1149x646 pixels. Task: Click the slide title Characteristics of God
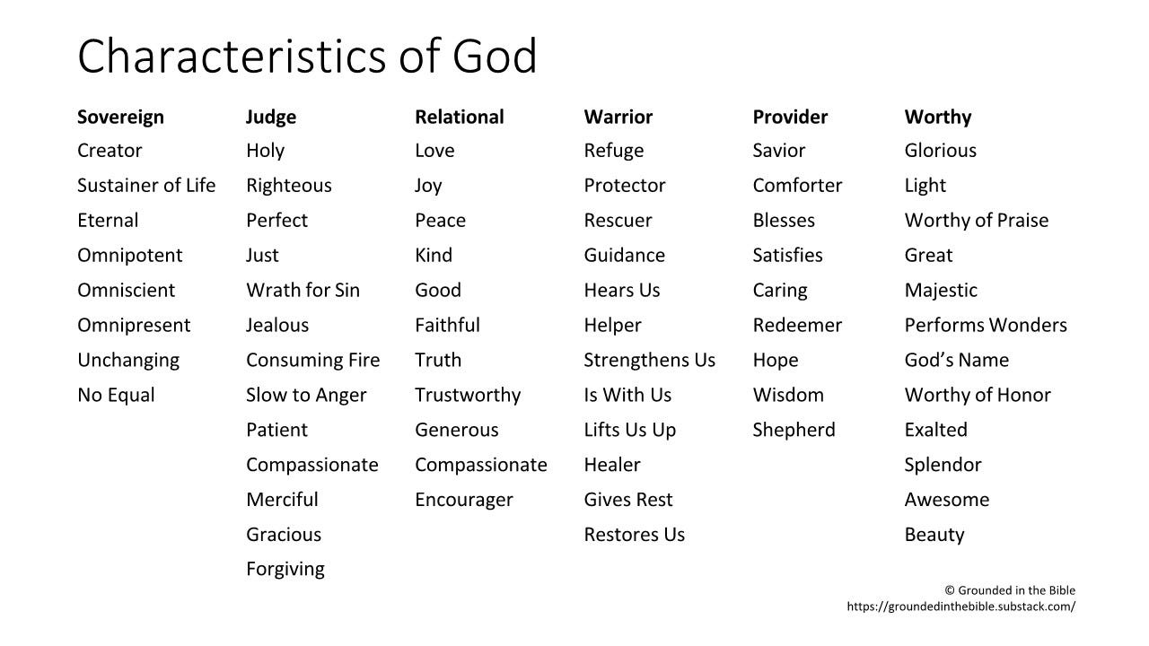coord(307,56)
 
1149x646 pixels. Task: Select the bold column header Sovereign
coord(120,117)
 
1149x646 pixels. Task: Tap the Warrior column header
coord(618,117)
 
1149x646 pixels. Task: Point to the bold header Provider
coord(790,117)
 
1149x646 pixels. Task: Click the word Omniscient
coord(126,290)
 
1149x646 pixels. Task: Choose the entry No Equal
coord(116,395)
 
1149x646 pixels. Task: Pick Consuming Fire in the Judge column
coord(312,360)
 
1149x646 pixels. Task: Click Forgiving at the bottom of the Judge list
coord(285,569)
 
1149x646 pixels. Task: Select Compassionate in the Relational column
coord(480,465)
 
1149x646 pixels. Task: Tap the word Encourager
coord(463,500)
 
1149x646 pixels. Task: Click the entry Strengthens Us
coord(649,360)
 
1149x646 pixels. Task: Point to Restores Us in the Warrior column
coord(634,535)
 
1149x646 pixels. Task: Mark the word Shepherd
coord(794,430)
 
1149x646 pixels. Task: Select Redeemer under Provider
coord(797,325)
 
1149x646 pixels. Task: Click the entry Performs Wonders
coord(986,325)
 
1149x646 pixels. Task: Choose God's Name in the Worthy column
coord(956,360)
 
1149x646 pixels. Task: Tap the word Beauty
coord(934,535)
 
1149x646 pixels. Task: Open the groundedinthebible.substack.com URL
coord(960,607)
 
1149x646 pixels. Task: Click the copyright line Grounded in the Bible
coord(1010,590)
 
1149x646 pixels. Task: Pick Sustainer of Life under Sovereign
coord(146,186)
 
